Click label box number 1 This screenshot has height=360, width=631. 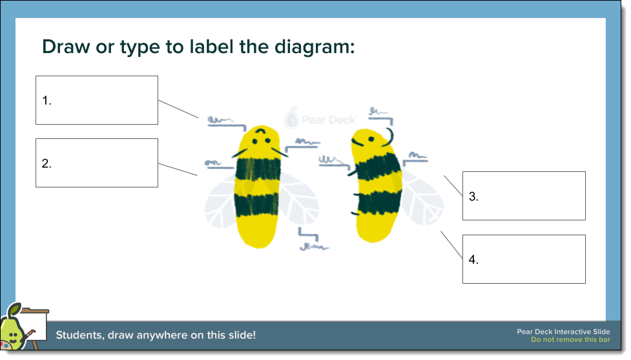[96, 100]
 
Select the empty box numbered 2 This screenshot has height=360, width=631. [96, 163]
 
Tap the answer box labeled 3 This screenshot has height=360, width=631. [524, 196]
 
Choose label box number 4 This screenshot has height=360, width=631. [524, 259]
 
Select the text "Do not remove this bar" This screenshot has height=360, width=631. [570, 340]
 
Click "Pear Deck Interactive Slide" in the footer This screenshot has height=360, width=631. [563, 332]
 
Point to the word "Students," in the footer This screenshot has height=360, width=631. [80, 335]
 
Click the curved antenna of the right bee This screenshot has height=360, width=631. [391, 136]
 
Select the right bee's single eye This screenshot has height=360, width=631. [371, 138]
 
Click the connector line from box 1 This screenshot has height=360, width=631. [179, 109]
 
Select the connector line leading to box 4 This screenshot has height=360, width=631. [452, 246]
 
